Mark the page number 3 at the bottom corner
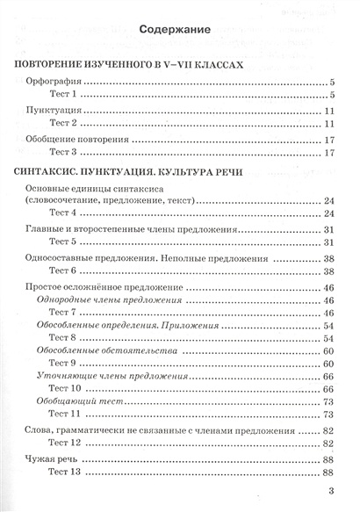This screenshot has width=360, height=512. (x=330, y=492)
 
